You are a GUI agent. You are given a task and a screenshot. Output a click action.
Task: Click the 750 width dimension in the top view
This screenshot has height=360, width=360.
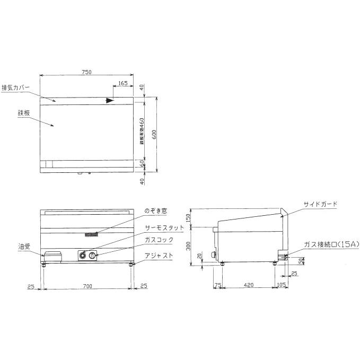click(x=87, y=72)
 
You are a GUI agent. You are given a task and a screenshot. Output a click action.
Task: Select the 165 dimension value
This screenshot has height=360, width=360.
click(x=122, y=83)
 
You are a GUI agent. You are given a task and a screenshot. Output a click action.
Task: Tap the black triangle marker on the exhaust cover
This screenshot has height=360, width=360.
click(x=109, y=100)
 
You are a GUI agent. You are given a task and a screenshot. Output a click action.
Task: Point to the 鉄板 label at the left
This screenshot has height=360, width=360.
click(x=23, y=113)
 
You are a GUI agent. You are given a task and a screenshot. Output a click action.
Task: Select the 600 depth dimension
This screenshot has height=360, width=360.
click(x=154, y=135)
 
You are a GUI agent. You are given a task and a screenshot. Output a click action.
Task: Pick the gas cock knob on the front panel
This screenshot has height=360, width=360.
click(x=93, y=257)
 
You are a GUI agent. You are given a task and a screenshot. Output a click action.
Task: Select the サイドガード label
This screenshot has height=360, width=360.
click(x=320, y=204)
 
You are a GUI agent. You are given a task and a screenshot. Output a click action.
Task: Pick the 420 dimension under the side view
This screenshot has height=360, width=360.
click(x=249, y=285)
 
